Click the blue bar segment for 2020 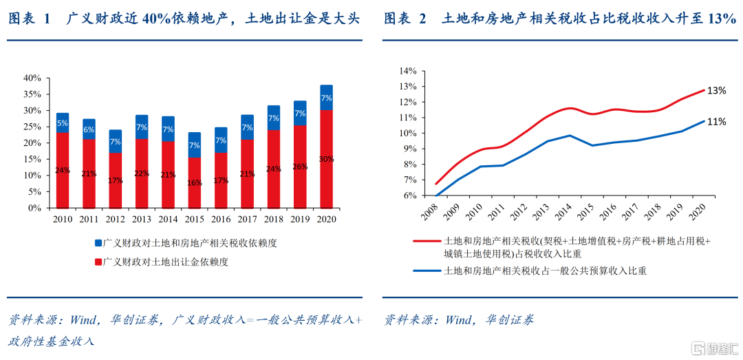pos(326,97)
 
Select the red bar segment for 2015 pos(195,182)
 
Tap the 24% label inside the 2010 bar pos(63,170)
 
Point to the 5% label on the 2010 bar pos(63,123)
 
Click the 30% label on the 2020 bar pos(326,159)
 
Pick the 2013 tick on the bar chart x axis pos(142,220)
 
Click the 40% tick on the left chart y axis pos(32,78)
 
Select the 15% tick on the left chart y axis pos(32,159)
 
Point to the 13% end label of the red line pos(717,90)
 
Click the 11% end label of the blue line pos(717,122)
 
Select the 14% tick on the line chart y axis pos(408,71)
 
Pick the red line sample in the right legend pos(427,242)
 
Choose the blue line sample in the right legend pos(427,271)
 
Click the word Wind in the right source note pos(459,320)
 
